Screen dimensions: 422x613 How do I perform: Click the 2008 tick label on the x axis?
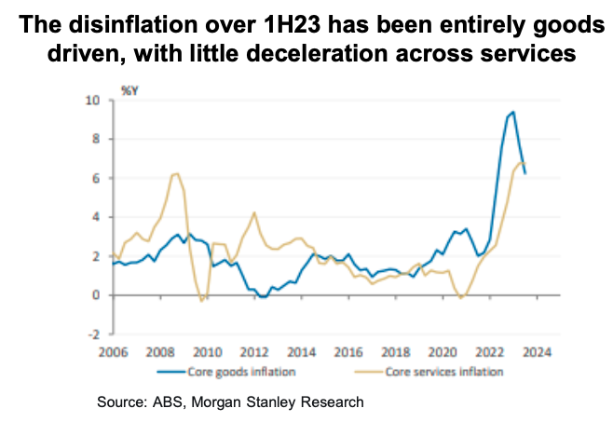(x=158, y=353)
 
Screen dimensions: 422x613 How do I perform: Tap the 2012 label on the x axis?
(x=255, y=353)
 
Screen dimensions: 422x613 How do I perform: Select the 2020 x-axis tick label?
(x=443, y=353)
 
